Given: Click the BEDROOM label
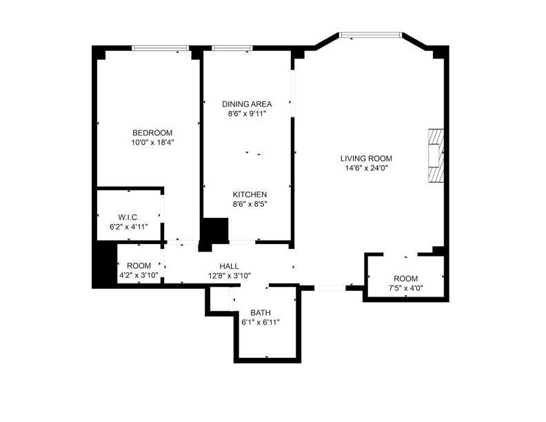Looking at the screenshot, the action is tap(152, 132).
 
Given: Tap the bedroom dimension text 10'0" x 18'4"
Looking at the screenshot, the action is tap(152, 142).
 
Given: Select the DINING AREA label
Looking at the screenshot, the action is tap(247, 103).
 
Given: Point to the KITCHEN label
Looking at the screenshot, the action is tap(250, 194).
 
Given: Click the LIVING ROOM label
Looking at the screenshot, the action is tap(366, 159).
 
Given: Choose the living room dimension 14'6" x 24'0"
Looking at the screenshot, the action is tap(366, 168).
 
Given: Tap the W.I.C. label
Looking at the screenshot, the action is tap(128, 218).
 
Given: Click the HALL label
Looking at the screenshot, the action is tap(229, 266).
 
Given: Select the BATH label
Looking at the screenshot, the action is tap(261, 312).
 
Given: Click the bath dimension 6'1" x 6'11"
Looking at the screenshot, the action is tap(261, 322).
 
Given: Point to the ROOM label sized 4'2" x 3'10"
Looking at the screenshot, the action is tap(139, 265).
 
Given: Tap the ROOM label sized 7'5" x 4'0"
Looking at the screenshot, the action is tap(405, 279).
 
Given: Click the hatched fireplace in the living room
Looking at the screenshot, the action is tap(436, 155).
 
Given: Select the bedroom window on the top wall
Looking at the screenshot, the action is tap(160, 48).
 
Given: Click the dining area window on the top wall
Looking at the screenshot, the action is tap(232, 48).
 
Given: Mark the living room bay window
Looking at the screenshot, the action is tap(370, 34).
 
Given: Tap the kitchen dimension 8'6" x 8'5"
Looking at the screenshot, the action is tap(250, 203).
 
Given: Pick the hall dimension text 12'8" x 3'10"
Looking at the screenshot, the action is tap(229, 276).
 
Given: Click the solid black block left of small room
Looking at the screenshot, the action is tap(105, 263).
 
